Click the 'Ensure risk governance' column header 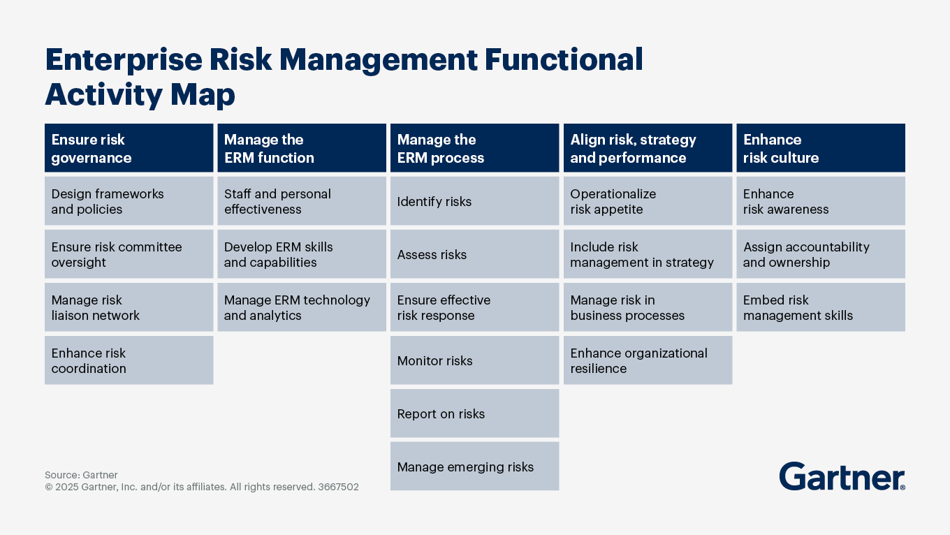(129, 148)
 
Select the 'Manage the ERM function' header (301, 148)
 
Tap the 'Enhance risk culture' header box (820, 148)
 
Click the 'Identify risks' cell (474, 201)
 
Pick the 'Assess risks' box (474, 254)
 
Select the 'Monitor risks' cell (474, 360)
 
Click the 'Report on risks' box (474, 413)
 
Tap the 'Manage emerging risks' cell (474, 467)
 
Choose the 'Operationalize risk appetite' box (648, 201)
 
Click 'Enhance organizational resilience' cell (648, 360)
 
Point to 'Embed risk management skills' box (820, 307)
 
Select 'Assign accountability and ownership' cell (820, 254)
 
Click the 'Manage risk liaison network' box (129, 307)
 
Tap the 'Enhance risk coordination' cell (129, 360)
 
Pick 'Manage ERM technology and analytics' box (301, 307)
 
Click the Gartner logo (842, 476)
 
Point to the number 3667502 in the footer (338, 488)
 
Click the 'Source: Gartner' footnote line (81, 475)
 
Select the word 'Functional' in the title (563, 60)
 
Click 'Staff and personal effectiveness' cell (301, 201)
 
